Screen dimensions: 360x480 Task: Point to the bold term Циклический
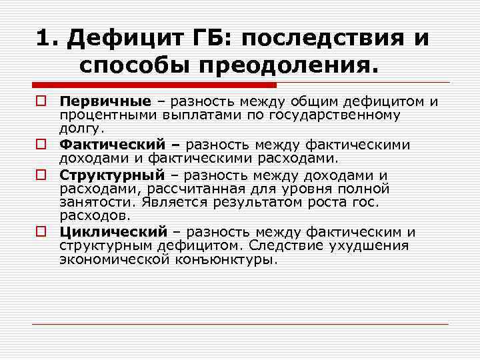pyautogui.click(x=113, y=232)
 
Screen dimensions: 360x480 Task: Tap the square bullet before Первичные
pyautogui.click(x=42, y=102)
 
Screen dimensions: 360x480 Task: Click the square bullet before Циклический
pyautogui.click(x=42, y=232)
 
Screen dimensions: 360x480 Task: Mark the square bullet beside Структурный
pyautogui.click(x=42, y=175)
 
